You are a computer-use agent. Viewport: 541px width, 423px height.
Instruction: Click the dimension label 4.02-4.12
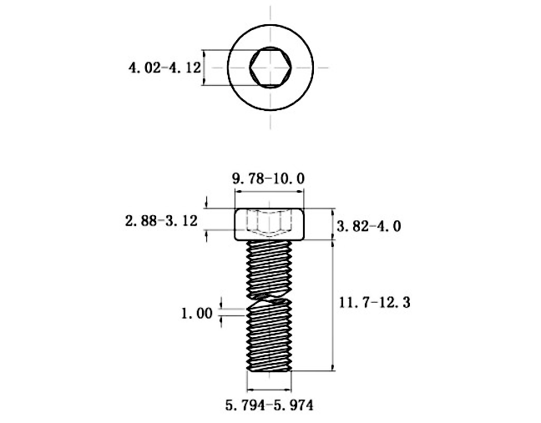click(164, 68)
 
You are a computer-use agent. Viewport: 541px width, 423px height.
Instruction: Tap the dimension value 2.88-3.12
click(160, 221)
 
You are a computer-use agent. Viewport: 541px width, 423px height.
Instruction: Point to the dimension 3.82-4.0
click(368, 226)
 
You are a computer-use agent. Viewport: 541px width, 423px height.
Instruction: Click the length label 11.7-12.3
click(372, 303)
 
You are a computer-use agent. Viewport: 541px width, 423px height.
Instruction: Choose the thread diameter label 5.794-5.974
click(269, 405)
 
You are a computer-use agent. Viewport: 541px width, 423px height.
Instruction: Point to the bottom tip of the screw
click(270, 370)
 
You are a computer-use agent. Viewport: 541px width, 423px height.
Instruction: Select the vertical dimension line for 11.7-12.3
click(334, 305)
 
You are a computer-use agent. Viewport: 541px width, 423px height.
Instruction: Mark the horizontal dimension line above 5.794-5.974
click(270, 388)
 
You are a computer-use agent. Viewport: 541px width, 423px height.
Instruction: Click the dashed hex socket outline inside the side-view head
click(270, 224)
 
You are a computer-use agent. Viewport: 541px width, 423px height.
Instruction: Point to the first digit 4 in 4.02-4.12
click(132, 68)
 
